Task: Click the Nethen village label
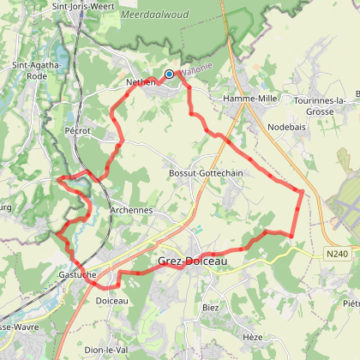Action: [141, 81]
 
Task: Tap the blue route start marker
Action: [170, 75]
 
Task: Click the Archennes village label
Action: [130, 209]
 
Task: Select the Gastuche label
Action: [78, 272]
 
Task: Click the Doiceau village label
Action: [112, 301]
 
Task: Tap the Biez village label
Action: [211, 306]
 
